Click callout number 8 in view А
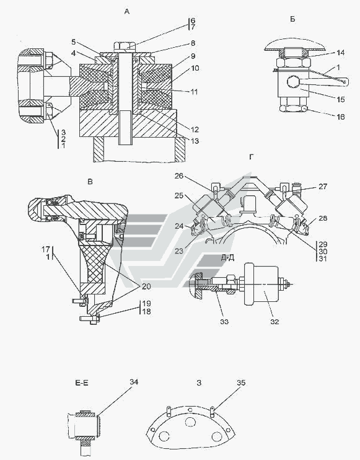tap(193, 43)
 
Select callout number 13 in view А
tap(195, 141)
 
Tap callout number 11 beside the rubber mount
tap(195, 92)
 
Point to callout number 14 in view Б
tap(341, 53)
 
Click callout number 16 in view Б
tap(341, 117)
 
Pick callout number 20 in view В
tap(146, 286)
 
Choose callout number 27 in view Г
tap(323, 186)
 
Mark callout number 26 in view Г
tap(179, 176)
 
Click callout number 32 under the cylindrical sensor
tap(274, 322)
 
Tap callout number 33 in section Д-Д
tap(224, 322)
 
